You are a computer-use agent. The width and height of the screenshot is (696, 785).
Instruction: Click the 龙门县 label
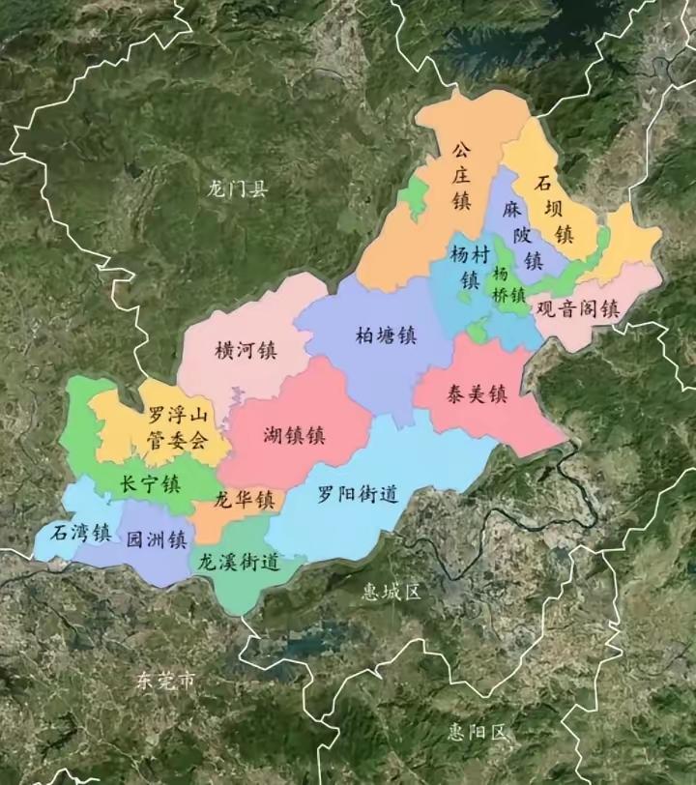tap(237, 189)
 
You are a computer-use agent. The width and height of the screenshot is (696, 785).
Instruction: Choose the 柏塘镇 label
tap(386, 335)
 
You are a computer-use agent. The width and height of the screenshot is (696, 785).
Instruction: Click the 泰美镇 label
tap(477, 393)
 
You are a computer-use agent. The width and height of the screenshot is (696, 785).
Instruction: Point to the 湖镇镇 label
tap(294, 435)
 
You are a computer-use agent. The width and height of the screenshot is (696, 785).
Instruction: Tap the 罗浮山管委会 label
tap(177, 428)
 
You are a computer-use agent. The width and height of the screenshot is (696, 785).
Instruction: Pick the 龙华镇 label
tap(244, 500)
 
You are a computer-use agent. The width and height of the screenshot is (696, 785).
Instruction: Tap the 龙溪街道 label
tap(239, 562)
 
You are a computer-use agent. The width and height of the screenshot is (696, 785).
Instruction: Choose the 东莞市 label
tap(165, 681)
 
